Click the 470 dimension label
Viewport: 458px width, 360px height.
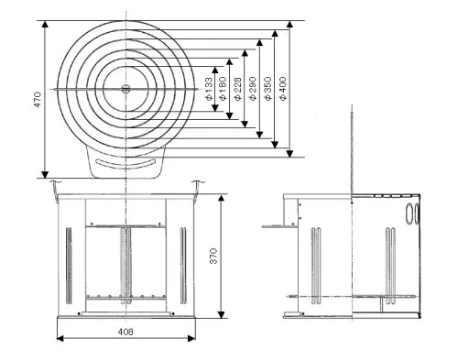pos(37,99)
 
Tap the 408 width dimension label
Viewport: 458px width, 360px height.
pos(125,332)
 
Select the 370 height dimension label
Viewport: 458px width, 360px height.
pos(213,256)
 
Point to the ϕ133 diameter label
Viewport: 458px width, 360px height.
pos(209,89)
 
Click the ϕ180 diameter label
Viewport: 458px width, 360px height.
pos(224,89)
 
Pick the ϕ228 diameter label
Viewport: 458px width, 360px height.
pos(237,89)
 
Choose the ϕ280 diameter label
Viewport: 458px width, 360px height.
pos(253,89)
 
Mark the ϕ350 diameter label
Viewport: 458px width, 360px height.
pos(267,89)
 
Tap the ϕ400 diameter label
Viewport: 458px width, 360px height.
pos(283,89)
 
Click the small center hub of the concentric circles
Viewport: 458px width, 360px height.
pos(125,89)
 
